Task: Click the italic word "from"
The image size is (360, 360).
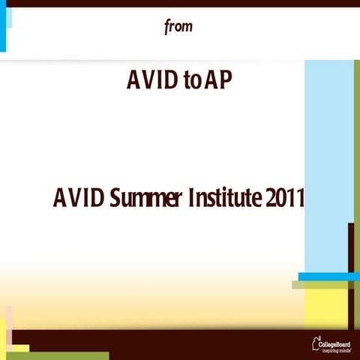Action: (178, 27)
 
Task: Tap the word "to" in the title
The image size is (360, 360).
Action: (191, 79)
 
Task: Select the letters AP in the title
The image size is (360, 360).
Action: (218, 79)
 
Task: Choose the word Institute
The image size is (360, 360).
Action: (225, 199)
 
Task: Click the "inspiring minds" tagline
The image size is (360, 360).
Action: (336, 349)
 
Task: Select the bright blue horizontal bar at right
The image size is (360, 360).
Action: (328, 277)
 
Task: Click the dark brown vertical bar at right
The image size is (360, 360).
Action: (350, 247)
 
